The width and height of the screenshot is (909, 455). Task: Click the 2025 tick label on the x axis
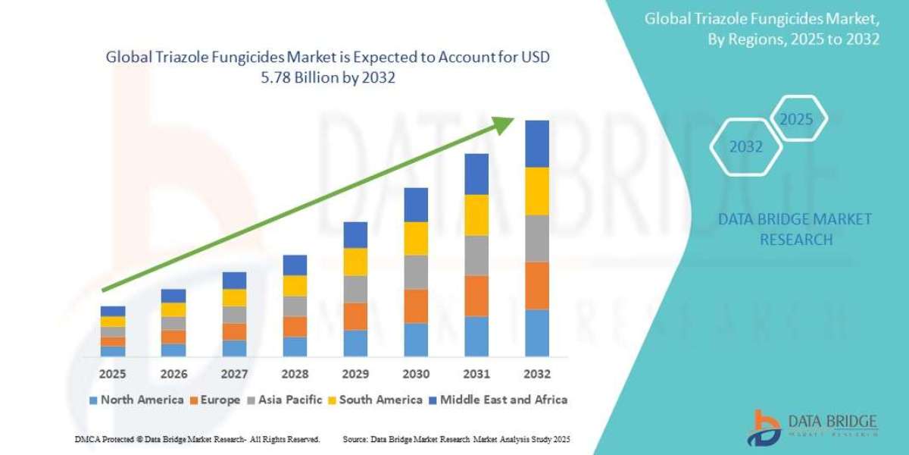tap(113, 374)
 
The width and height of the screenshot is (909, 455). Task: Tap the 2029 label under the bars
tap(355, 374)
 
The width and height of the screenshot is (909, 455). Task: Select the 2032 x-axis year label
tap(537, 374)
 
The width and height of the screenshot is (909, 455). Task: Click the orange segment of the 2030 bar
tap(416, 306)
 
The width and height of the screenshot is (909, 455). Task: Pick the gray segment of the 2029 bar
tap(355, 289)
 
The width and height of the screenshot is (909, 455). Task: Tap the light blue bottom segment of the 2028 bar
tap(295, 347)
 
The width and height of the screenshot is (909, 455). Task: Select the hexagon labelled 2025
tap(796, 119)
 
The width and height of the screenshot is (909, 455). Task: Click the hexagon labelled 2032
tap(746, 147)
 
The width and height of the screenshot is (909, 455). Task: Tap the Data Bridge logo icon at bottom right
tap(765, 426)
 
